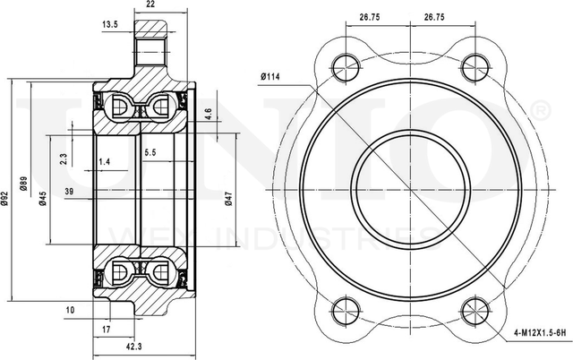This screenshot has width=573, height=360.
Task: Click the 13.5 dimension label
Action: tap(111, 24)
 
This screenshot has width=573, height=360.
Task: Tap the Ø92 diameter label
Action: tap(5, 200)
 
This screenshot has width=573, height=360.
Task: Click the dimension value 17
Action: tap(106, 330)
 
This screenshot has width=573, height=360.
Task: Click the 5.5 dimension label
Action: tap(150, 153)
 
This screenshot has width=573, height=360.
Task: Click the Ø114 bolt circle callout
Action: tap(271, 76)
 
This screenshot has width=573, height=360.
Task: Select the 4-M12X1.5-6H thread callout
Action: tap(540, 332)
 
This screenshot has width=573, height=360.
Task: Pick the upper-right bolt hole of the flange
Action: tap(474, 64)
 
